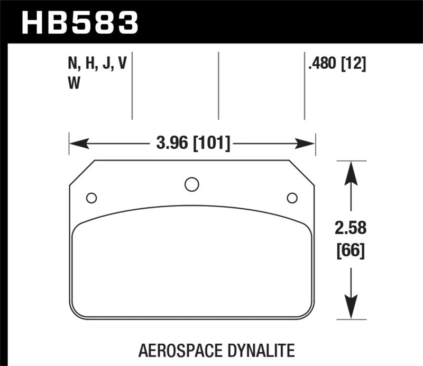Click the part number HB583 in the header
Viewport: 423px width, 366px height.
pyautogui.click(x=80, y=22)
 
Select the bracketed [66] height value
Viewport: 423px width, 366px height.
pyautogui.click(x=350, y=251)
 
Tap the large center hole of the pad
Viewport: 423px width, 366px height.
pyautogui.click(x=192, y=184)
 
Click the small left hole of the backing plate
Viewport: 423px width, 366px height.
pyautogui.click(x=91, y=198)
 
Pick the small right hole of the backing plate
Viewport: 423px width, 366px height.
pyautogui.click(x=291, y=198)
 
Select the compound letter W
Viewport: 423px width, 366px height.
pyautogui.click(x=75, y=84)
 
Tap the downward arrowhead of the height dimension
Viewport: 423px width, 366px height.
pyautogui.click(x=349, y=307)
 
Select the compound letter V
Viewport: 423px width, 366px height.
pyautogui.click(x=123, y=65)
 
